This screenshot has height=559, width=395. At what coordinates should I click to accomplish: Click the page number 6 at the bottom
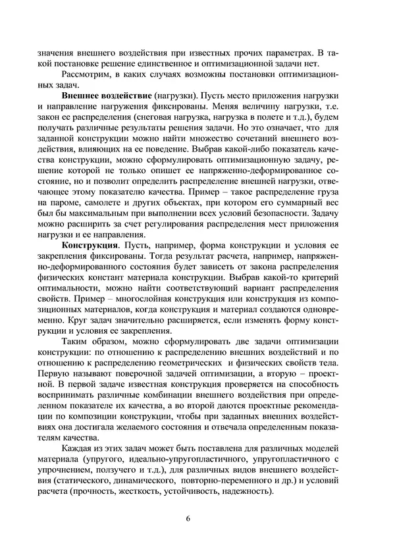coord(188,518)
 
